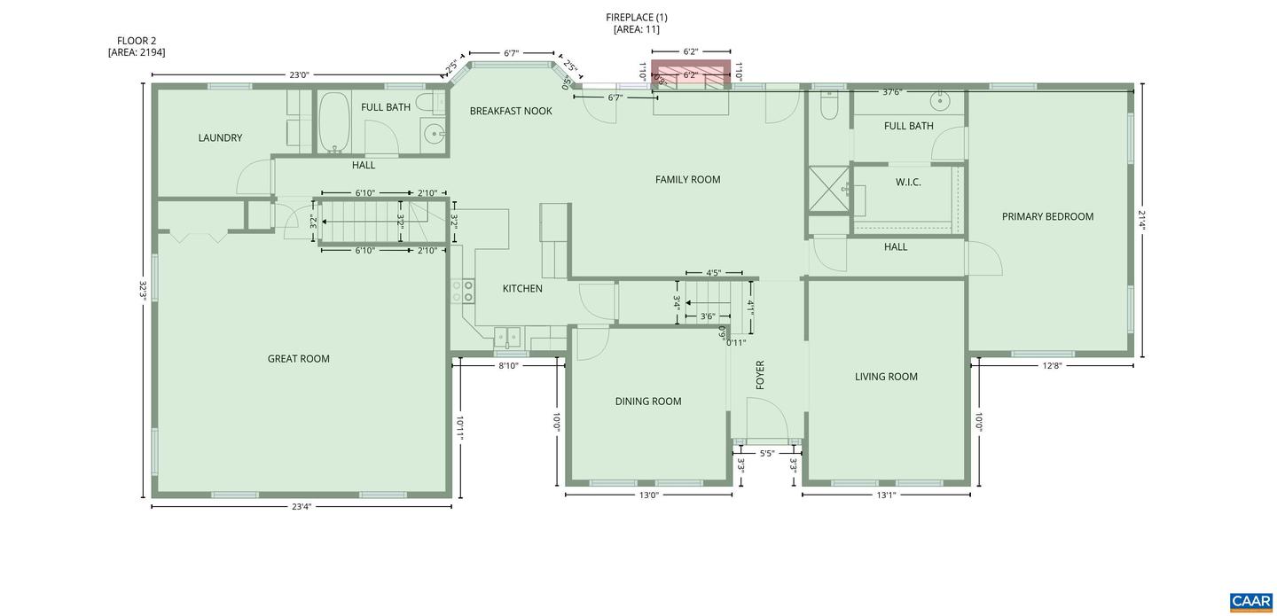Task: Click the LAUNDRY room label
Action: [x=220, y=138]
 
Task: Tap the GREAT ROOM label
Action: [x=299, y=359]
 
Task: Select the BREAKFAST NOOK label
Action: [x=511, y=111]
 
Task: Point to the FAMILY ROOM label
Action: [x=687, y=180]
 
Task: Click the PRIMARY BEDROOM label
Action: [x=1048, y=216]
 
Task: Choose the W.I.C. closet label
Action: [x=908, y=183]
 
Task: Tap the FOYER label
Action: [x=760, y=375]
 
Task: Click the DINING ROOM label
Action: [x=648, y=402]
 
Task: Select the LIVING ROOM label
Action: [x=886, y=377]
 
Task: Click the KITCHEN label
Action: [x=522, y=289]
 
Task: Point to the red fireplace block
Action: [x=691, y=74]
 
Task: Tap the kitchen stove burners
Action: [x=462, y=291]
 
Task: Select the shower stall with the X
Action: [x=829, y=189]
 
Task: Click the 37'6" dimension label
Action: [x=891, y=92]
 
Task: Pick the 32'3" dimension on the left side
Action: [x=143, y=290]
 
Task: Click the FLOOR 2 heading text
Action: [x=137, y=41]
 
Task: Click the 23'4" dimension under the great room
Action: [x=302, y=507]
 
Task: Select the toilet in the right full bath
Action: [x=829, y=105]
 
